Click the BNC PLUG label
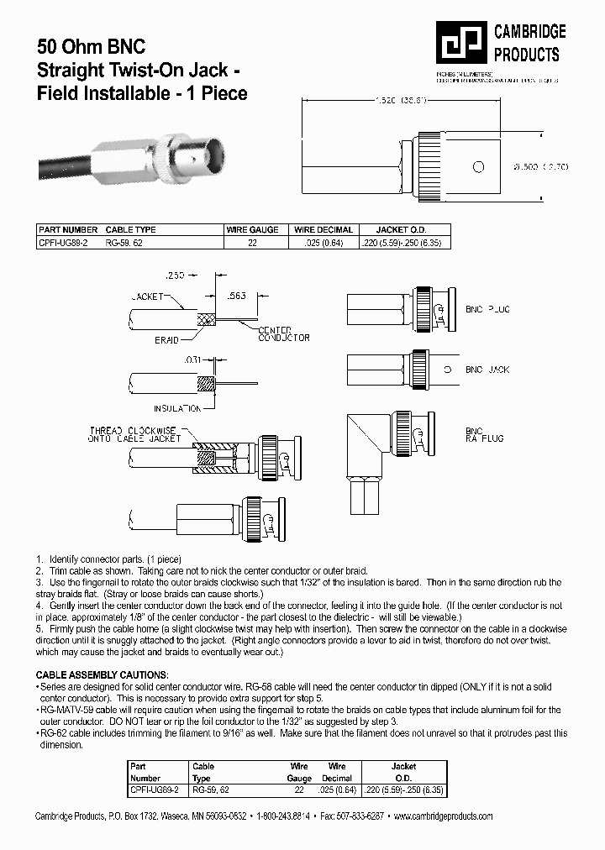pyautogui.click(x=487, y=309)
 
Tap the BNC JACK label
pyautogui.click(x=487, y=370)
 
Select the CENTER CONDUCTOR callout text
pyautogui.click(x=283, y=333)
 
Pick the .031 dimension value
pyautogui.click(x=193, y=359)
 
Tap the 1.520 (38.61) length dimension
pyautogui.click(x=400, y=101)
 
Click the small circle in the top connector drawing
pyautogui.click(x=478, y=166)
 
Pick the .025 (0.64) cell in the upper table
pyautogui.click(x=323, y=242)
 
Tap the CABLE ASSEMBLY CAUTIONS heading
pyautogui.click(x=102, y=674)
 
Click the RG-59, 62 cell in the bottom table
pyautogui.click(x=210, y=790)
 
